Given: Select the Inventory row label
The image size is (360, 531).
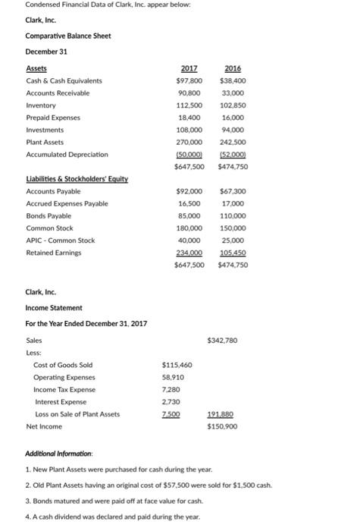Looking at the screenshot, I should tap(41, 105).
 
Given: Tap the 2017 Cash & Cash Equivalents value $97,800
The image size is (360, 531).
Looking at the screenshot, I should tap(189, 80).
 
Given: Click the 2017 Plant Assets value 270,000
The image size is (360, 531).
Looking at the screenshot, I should tap(189, 142).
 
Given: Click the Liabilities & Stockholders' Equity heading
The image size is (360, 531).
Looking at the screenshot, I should tap(77, 179).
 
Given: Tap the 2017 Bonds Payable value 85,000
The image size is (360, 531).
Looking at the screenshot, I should tap(189, 216).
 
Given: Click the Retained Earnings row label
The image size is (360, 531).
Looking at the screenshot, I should tap(55, 253).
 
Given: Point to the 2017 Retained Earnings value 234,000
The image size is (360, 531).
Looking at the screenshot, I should tap(189, 253).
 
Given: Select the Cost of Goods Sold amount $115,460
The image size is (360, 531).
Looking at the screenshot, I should tap(177, 365).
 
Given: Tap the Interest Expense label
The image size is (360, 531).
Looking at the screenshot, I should tap(61, 402).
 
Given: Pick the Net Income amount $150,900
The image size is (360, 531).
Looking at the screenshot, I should tap(221, 426).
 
